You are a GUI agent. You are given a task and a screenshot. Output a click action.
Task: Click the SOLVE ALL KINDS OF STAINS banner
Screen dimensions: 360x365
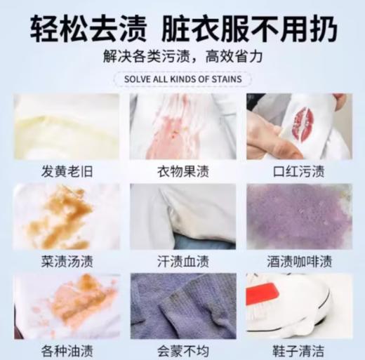coord(182,79)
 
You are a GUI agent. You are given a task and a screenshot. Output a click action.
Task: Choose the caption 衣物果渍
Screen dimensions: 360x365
coord(182,171)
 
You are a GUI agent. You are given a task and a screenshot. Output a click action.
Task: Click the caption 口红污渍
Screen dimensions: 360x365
coord(299,171)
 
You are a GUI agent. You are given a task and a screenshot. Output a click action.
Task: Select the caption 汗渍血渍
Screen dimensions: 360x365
coord(182,262)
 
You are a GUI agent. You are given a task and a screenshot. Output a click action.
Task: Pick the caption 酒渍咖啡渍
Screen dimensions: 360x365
coord(299,262)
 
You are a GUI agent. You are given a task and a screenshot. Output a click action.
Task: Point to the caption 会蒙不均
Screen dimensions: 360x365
coord(182,349)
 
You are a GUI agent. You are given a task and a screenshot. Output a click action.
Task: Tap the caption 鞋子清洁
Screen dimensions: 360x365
coord(299,349)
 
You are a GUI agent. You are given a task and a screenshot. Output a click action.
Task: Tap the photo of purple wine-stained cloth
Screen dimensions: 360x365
coord(299,217)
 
